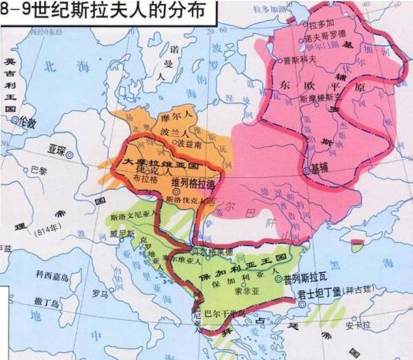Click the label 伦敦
pyautogui.click(x=29, y=123)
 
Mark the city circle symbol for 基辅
pyautogui.click(x=306, y=168)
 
